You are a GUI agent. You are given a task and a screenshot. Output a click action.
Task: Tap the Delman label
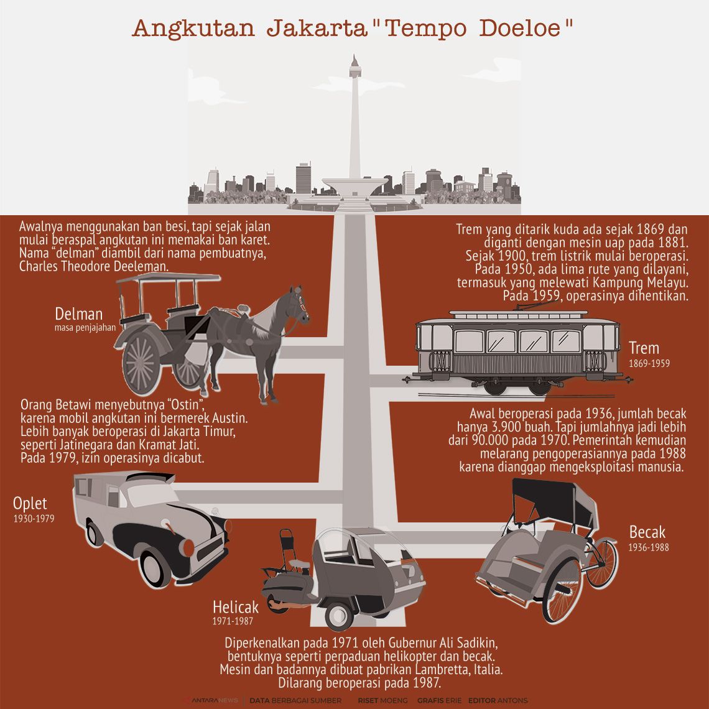[x=78, y=313]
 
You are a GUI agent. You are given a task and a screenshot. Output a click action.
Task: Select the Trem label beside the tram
[x=644, y=348]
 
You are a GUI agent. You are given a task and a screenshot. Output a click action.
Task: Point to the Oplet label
[x=30, y=503]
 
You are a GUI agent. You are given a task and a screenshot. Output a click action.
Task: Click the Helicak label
[x=236, y=606]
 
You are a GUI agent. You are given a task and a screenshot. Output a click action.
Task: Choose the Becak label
[x=647, y=532]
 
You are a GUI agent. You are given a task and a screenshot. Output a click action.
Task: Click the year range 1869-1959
[x=649, y=363]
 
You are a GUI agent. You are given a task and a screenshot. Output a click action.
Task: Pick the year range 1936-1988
[x=649, y=548]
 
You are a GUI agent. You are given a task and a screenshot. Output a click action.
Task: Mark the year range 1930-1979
[x=34, y=517]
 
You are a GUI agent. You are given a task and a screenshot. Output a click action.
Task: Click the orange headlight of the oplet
[x=187, y=547]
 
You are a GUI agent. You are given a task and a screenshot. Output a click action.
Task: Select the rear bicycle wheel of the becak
[x=601, y=562]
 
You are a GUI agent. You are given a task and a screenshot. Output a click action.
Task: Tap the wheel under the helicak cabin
[x=339, y=615]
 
